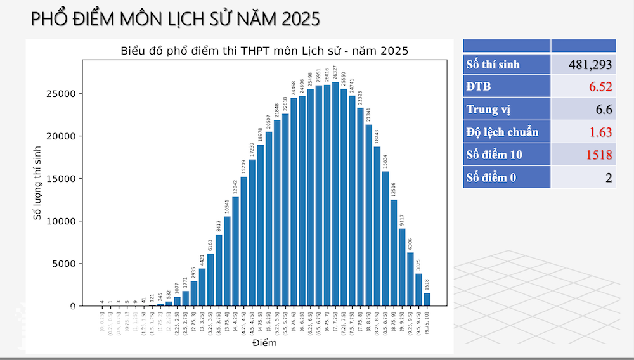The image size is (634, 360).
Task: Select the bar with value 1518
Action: [427, 300]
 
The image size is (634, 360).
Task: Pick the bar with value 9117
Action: [402, 267]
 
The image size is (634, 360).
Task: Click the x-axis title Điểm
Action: [264, 344]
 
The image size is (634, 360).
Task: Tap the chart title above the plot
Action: [264, 51]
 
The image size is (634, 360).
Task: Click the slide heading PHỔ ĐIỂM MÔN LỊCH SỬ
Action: [175, 20]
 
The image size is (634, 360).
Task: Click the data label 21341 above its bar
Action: [369, 115]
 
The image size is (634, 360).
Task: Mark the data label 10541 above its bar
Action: [228, 207]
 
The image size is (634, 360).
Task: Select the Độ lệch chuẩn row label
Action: [502, 132]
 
